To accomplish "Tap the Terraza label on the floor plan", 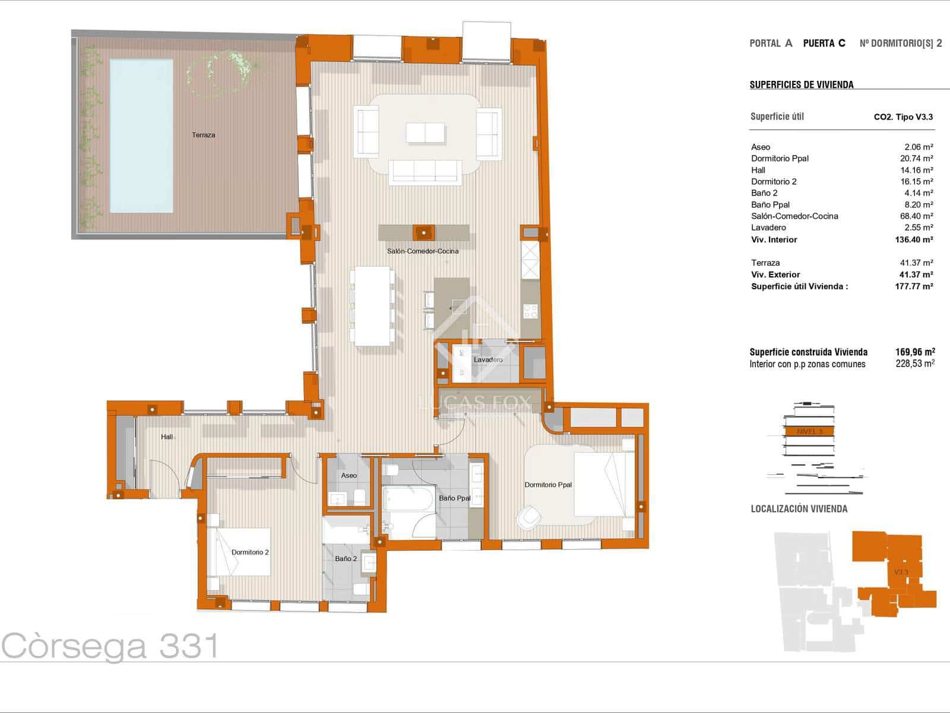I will coord(203,135).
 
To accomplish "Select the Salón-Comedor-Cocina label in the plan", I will coord(423,251).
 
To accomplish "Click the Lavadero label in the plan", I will coord(488,359).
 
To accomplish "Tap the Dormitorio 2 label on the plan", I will coord(250,553).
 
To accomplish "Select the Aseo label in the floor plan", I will coord(349,475).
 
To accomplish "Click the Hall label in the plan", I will coord(167,437).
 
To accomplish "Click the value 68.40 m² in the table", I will coord(916,216).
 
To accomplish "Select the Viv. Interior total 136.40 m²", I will coord(914,239).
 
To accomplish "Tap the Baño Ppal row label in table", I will coord(770,204).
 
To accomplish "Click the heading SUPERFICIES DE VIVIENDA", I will coord(802,84).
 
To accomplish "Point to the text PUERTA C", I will coord(824,43).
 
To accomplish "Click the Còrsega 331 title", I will coord(110,646).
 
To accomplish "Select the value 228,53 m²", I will coord(915,364).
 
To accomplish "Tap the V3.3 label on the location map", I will coord(901,572).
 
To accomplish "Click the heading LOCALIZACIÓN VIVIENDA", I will coord(799,509).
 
